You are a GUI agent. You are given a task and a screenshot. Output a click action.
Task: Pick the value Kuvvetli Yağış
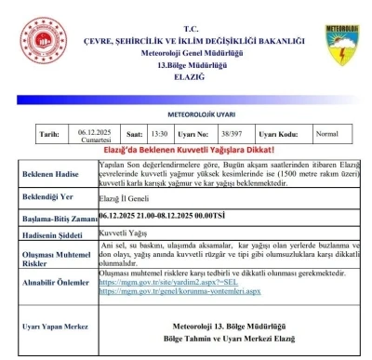click(x=124, y=233)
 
